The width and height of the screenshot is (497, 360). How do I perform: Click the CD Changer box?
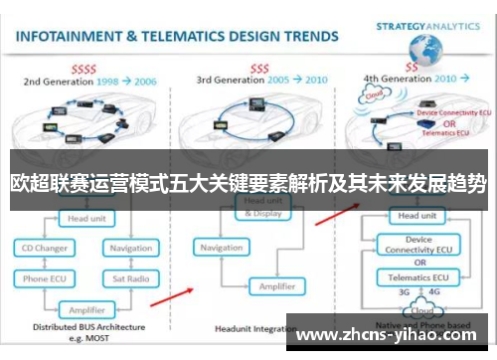pos(45,248)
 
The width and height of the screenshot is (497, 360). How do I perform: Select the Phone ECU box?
pos(45,278)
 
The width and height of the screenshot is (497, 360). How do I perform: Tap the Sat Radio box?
pos(131,278)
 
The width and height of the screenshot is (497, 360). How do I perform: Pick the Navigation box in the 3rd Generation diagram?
pos(223,248)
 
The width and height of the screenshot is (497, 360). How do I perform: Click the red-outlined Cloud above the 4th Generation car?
pos(374,96)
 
